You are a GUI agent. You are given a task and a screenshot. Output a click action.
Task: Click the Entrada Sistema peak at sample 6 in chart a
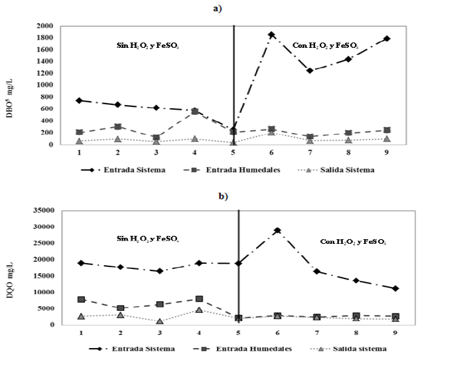point(271,35)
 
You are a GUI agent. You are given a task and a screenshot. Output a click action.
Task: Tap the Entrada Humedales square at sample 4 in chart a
point(194,112)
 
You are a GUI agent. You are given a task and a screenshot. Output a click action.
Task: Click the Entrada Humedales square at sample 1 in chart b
point(81,300)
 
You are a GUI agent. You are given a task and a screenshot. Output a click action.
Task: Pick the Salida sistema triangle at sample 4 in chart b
point(199,310)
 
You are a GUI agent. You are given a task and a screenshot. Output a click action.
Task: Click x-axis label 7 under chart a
point(310,152)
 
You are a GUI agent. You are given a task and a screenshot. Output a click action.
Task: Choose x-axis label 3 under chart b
point(160,333)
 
